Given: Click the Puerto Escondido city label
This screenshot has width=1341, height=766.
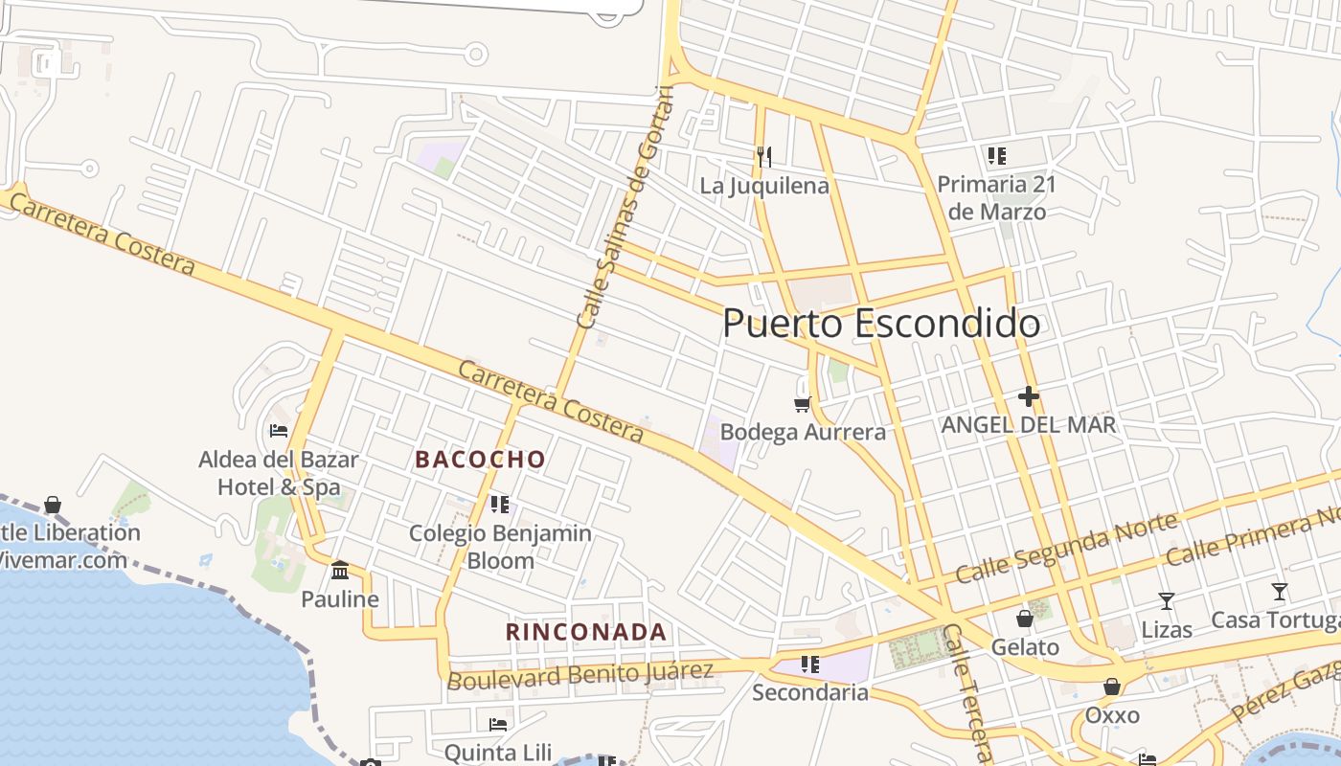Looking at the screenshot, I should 881,324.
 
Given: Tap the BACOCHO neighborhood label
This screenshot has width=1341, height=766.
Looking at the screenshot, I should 480,460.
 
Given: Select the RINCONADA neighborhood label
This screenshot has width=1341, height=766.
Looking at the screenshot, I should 585,632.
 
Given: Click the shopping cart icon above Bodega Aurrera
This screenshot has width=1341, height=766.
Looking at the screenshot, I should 803,405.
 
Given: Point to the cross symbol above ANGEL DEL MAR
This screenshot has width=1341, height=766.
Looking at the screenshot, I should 1029,396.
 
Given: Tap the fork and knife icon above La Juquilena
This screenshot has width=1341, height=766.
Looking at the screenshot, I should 763,156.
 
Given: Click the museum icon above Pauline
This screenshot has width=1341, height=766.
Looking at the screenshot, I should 339,571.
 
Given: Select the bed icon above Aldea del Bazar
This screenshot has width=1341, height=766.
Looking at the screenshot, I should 279,431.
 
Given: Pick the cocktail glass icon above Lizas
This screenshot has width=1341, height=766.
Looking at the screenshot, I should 1166,601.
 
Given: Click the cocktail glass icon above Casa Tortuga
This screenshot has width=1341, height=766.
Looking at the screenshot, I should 1279,592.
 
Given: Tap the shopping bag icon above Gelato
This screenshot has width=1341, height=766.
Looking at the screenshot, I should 1025,619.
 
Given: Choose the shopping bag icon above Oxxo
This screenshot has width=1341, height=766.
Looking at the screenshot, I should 1111,687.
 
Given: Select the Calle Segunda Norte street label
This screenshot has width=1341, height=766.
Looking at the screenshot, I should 1066,548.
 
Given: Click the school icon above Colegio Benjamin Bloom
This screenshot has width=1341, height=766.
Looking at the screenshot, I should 499,504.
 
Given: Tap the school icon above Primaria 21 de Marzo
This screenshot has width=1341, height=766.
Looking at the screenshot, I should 996,155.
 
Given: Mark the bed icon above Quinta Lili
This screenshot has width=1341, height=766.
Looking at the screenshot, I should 498,724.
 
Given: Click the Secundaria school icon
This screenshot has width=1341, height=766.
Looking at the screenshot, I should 810,664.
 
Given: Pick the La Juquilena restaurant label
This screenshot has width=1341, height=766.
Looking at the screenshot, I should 763,186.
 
